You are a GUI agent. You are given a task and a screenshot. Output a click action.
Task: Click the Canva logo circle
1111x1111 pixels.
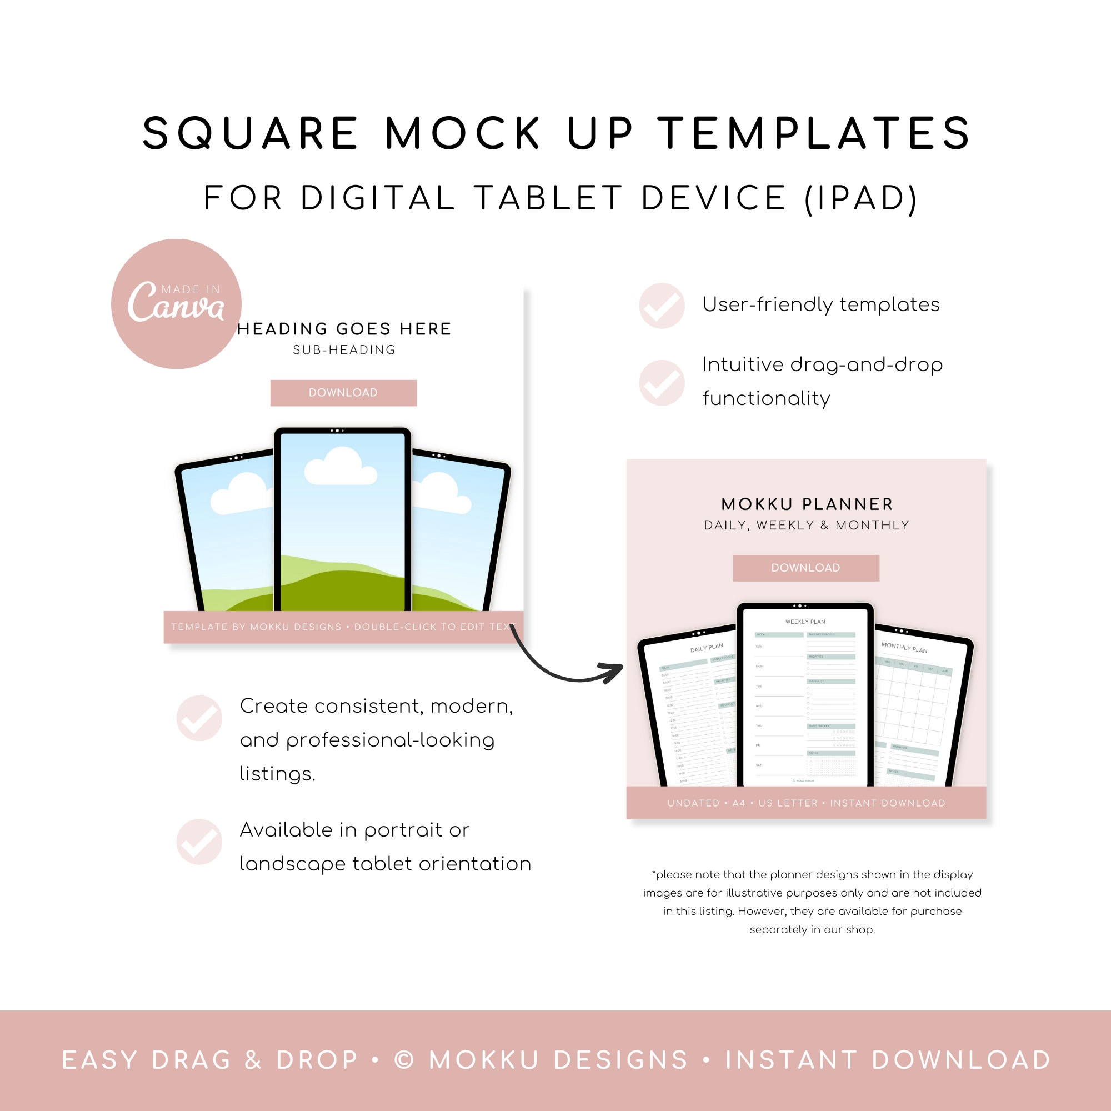pos(176,304)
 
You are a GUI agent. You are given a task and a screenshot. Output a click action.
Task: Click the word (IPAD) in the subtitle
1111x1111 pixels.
pos(860,198)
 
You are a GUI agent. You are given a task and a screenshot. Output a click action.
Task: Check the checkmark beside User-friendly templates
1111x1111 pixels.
pos(662,306)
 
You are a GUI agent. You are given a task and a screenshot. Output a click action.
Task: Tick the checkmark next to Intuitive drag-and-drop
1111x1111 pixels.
pos(662,382)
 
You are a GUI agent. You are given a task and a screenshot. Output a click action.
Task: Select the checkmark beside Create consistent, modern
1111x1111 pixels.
pos(199,718)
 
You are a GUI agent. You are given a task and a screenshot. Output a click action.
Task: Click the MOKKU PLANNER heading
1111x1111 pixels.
pos(807,504)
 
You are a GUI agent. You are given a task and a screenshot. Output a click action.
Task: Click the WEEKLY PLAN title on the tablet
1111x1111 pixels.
pos(805,622)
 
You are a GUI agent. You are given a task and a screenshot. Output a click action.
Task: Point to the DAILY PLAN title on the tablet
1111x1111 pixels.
pos(707,648)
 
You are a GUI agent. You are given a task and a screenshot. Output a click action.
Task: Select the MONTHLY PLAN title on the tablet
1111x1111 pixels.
pos(904,648)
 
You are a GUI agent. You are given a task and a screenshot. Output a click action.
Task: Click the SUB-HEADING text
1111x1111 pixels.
pos(344,349)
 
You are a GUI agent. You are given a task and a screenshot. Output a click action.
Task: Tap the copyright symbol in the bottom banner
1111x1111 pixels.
pos(404,1060)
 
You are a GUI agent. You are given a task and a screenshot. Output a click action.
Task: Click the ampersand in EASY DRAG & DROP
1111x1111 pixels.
pos(253,1060)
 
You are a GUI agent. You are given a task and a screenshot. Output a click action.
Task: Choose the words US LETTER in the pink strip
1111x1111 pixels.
pos(787,803)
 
